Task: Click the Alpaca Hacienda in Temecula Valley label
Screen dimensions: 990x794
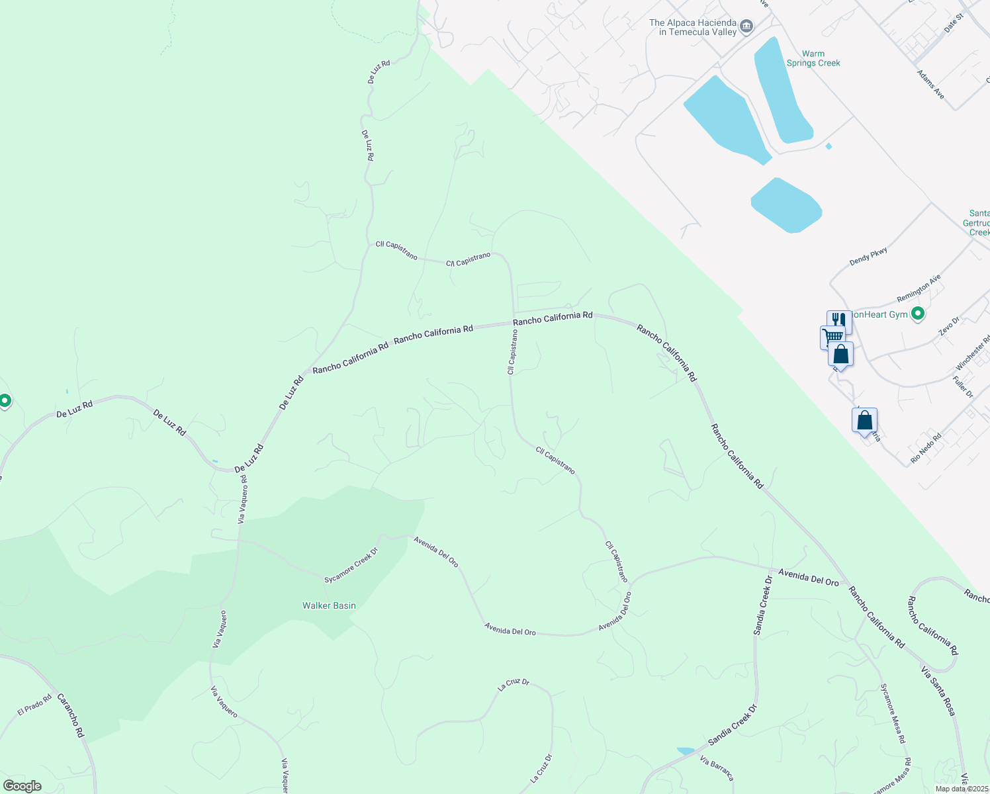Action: [692, 27]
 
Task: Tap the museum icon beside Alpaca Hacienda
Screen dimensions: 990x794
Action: [746, 26]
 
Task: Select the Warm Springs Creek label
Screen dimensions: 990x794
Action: [813, 58]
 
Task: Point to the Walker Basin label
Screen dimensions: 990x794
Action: [329, 605]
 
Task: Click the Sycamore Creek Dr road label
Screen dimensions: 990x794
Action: [351, 566]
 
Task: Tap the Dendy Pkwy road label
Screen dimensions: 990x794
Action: [868, 256]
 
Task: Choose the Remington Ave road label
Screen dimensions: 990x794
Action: [919, 288]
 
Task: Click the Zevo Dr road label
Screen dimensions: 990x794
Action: [949, 326]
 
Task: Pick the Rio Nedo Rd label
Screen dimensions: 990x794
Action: [926, 448]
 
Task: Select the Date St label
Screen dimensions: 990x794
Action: [954, 23]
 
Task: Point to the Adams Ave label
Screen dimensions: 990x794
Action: [930, 85]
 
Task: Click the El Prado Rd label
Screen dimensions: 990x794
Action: [34, 705]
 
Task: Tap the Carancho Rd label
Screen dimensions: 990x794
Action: [71, 715]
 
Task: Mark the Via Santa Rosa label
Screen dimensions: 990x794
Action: [938, 690]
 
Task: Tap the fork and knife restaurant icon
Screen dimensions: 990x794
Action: [838, 320]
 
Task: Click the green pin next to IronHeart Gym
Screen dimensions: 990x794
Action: [917, 314]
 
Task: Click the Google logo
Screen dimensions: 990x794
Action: [22, 786]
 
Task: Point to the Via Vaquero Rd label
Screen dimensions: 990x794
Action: [243, 499]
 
